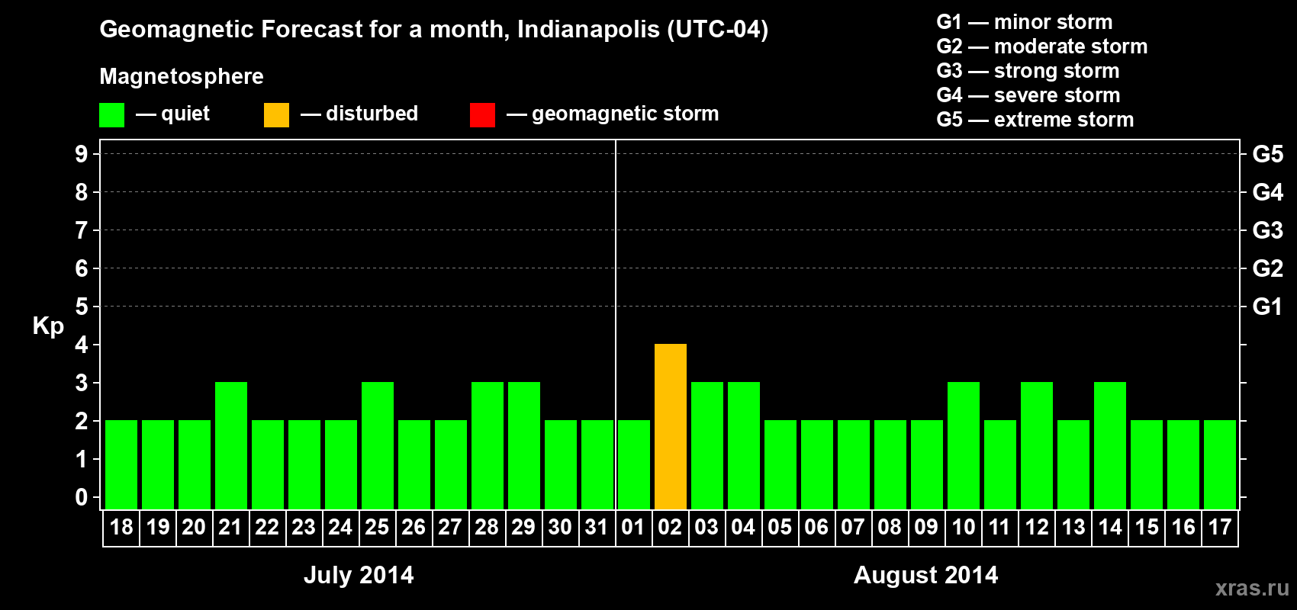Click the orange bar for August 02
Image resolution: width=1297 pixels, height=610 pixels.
tap(671, 426)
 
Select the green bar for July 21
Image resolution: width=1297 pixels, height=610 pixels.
tap(231, 445)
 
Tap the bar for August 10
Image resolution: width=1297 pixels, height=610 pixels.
tap(964, 445)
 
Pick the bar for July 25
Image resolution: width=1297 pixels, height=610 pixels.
tap(378, 445)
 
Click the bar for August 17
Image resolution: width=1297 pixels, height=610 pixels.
tap(1220, 464)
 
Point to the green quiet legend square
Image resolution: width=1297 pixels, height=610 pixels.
tap(111, 115)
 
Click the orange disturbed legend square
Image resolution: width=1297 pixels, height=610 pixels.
tap(276, 115)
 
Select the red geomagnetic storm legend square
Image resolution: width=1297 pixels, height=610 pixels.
tap(482, 115)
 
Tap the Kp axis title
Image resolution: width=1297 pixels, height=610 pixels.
tap(48, 326)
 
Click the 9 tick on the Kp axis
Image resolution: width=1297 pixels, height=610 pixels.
tap(82, 154)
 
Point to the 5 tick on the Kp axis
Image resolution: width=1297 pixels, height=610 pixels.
tap(82, 307)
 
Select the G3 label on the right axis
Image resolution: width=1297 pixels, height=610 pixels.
tap(1267, 230)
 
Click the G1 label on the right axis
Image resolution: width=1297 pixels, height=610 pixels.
tap(1267, 307)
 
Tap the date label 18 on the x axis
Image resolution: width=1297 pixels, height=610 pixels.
tap(121, 527)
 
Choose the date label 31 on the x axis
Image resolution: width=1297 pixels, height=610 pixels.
tap(597, 527)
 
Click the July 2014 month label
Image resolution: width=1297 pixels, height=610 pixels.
tap(359, 575)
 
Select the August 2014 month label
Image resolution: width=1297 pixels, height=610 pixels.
tap(925, 575)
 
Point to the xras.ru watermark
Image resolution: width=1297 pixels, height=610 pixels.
tap(1252, 587)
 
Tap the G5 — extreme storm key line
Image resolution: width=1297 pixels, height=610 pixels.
tap(1035, 120)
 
